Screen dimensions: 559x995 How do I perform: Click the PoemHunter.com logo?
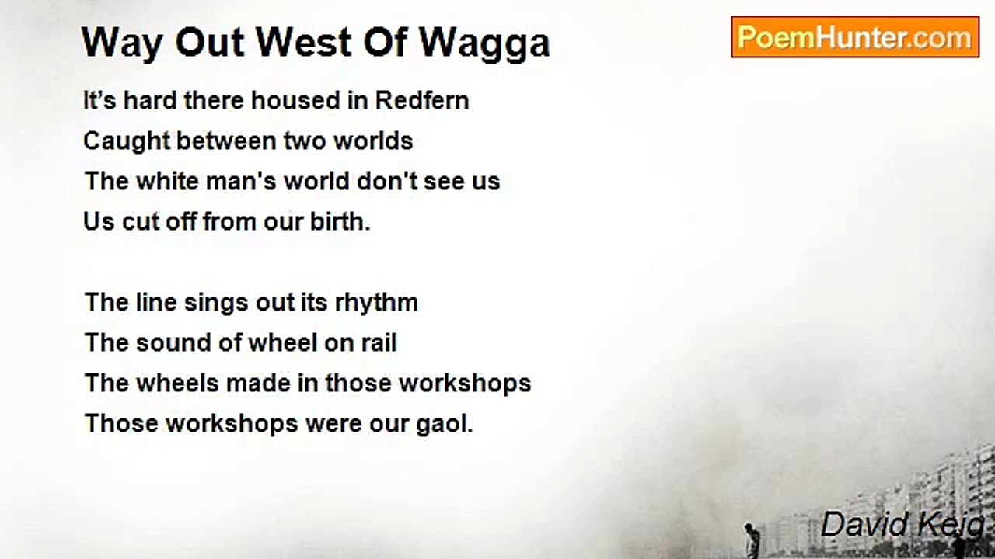854,36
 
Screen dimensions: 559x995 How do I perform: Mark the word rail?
378,343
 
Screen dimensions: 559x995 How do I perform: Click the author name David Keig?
902,526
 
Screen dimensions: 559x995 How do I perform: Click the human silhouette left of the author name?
750,540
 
